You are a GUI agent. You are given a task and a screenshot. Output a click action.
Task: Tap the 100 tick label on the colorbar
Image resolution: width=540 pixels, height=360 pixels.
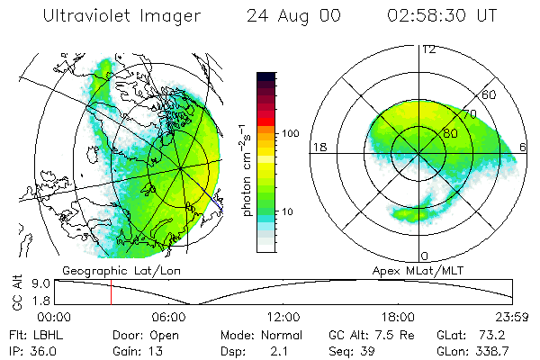pos(290,133)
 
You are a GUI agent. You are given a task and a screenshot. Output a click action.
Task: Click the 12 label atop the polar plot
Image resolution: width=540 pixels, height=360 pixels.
pos(428,49)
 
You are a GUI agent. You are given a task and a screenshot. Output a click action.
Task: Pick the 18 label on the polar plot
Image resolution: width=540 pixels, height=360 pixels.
pos(319,147)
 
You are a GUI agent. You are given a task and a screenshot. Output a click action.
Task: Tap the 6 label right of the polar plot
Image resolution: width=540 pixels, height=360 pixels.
pos(525,147)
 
